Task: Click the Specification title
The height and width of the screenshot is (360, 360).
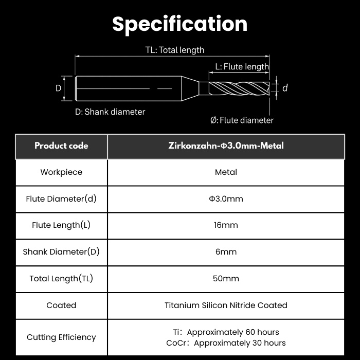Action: pyautogui.click(x=180, y=24)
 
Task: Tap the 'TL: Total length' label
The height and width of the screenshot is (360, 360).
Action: pyautogui.click(x=175, y=50)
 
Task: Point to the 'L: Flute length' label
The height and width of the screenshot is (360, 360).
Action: pyautogui.click(x=242, y=66)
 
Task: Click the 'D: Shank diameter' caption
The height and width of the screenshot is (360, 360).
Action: pyautogui.click(x=110, y=112)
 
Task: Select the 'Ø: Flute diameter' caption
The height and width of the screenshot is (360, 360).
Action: pyautogui.click(x=242, y=120)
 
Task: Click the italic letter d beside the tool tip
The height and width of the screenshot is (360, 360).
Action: pyautogui.click(x=285, y=88)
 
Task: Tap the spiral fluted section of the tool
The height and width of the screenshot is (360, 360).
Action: pyautogui.click(x=239, y=88)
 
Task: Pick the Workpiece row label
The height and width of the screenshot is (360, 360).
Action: pyautogui.click(x=61, y=172)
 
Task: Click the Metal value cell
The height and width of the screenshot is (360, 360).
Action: pyautogui.click(x=226, y=172)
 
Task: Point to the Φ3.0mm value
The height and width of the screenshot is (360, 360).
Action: pyautogui.click(x=226, y=199)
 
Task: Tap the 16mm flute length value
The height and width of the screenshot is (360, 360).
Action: pyautogui.click(x=226, y=225)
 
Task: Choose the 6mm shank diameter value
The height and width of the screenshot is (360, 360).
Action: pyautogui.click(x=226, y=252)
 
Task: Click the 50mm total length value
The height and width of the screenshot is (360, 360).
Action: pyautogui.click(x=226, y=279)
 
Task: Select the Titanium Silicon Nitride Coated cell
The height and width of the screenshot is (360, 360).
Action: pyautogui.click(x=226, y=305)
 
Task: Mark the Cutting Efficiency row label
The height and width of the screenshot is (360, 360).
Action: pyautogui.click(x=61, y=337)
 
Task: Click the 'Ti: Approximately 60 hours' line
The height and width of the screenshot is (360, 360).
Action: pyautogui.click(x=226, y=332)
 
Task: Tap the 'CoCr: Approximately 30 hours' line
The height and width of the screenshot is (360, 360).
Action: pyautogui.click(x=226, y=343)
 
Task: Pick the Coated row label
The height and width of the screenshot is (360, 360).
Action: pyautogui.click(x=61, y=305)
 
